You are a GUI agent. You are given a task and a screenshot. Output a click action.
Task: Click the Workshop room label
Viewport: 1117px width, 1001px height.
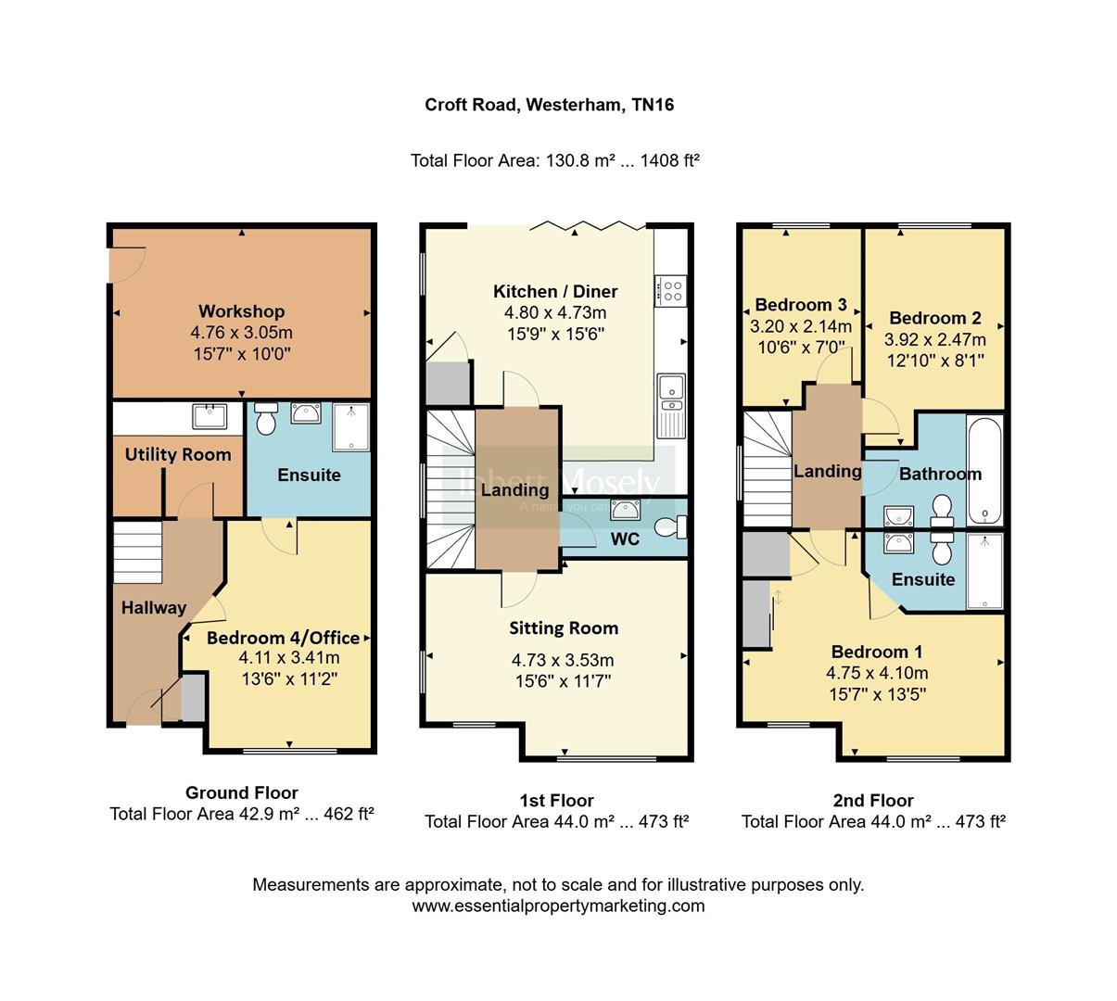(241, 311)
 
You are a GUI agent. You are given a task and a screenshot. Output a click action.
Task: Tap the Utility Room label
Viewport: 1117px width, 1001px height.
(178, 454)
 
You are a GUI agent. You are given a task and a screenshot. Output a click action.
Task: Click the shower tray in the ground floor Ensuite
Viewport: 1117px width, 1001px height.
(350, 426)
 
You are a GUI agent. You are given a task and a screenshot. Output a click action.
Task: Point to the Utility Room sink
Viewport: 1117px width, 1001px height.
(210, 416)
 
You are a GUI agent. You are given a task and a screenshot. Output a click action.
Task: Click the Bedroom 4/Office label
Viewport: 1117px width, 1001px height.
(283, 638)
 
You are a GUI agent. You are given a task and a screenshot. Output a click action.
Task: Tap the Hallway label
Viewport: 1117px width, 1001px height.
(154, 608)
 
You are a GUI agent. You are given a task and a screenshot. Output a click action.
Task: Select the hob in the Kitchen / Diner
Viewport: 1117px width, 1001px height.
(670, 291)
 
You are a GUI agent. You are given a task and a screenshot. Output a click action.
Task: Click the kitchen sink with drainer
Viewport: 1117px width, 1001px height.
(669, 404)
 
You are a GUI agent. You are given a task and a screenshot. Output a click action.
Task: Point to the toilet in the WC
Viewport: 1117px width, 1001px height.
(669, 527)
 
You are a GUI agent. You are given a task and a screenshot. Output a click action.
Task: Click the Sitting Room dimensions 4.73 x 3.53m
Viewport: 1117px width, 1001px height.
(563, 661)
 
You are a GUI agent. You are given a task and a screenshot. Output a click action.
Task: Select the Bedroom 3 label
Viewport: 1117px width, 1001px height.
(801, 305)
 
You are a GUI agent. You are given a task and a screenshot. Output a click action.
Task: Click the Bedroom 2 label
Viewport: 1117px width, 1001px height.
(934, 318)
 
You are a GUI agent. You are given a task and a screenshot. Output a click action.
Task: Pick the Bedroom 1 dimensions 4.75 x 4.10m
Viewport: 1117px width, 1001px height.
(876, 674)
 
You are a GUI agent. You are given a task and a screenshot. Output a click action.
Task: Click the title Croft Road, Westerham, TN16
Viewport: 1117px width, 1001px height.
(549, 105)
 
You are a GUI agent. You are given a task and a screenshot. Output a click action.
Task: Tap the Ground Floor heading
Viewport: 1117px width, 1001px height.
(241, 792)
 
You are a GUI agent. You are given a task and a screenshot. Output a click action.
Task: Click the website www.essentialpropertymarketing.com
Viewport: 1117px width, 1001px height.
(558, 906)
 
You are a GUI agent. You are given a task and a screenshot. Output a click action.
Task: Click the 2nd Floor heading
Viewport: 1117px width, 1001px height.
(873, 800)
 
